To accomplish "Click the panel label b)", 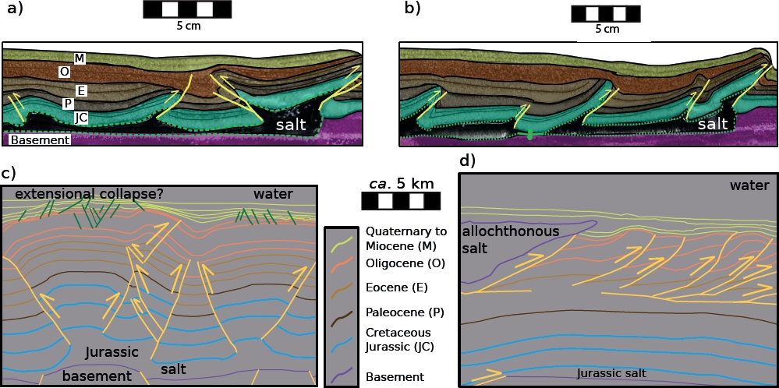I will (413, 9).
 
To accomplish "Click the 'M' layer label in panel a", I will (80, 58).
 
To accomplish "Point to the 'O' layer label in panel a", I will (65, 72).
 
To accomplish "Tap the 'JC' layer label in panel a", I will (80, 118).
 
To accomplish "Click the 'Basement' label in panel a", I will (39, 139).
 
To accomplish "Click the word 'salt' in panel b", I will (712, 124).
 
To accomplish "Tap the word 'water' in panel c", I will (272, 194).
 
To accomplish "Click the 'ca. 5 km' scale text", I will (400, 184).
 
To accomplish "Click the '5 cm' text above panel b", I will (607, 29).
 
